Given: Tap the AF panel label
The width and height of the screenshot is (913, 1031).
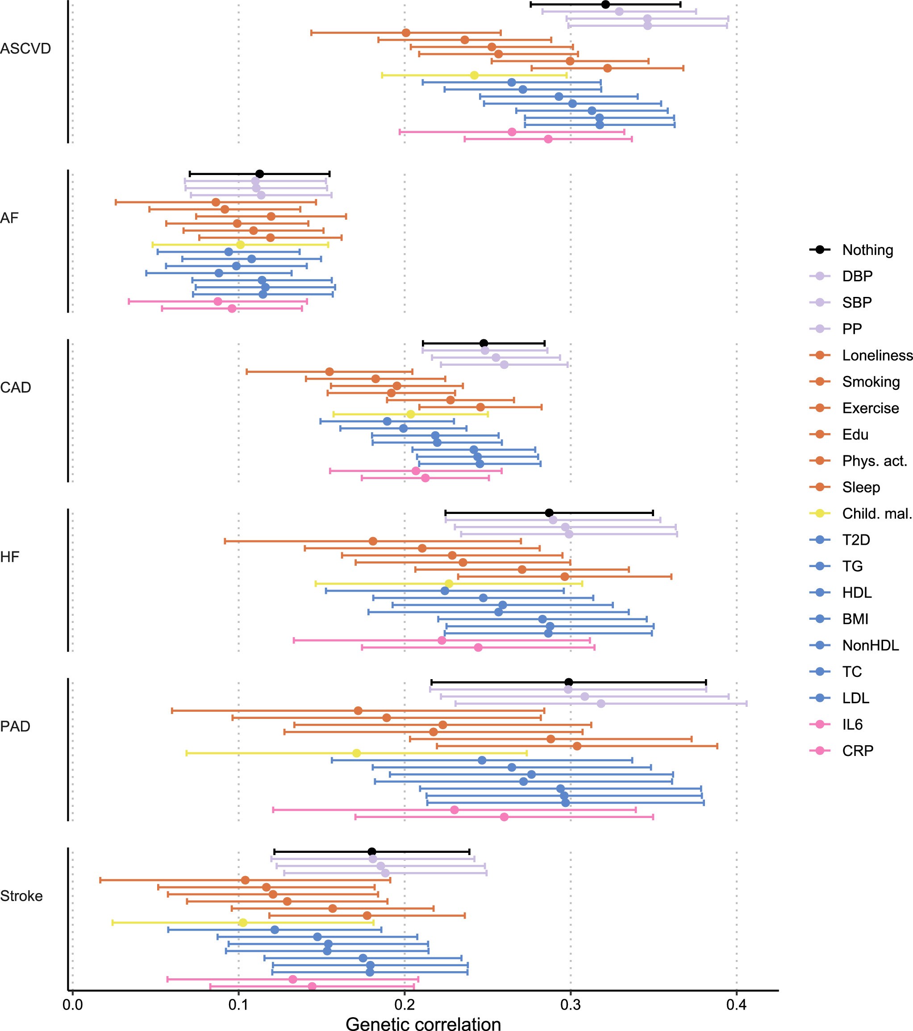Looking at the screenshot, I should point(9,218).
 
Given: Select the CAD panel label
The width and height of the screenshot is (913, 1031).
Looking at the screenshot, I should point(16,388).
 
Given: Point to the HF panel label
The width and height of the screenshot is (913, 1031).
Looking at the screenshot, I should point(9,557).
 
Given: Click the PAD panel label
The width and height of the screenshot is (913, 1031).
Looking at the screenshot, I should point(16,726).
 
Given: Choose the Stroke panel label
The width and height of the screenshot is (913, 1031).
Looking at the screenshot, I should point(21,896).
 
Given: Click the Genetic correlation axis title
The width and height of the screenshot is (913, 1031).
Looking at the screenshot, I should point(423,1023).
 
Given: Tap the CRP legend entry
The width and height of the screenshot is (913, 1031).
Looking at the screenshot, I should point(858,751).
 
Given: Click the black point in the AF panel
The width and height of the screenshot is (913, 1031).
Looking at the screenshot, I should point(260,174).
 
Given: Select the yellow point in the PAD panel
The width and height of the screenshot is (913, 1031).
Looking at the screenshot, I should point(357,753).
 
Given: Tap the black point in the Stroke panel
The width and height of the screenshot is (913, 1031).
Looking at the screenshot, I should point(372,852).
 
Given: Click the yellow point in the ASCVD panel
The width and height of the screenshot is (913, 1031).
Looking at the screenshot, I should point(474,75).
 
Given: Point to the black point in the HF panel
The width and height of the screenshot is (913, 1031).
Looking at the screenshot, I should point(549,513).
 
